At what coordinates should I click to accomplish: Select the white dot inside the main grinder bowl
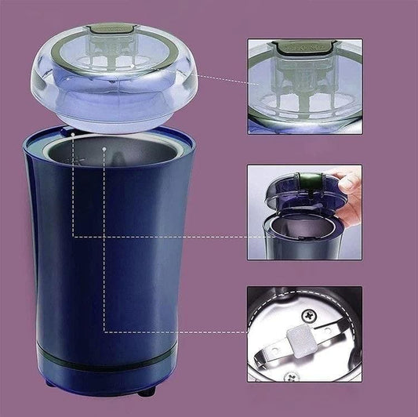[104, 147]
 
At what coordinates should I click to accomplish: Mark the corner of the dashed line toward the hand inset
[72, 236]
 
